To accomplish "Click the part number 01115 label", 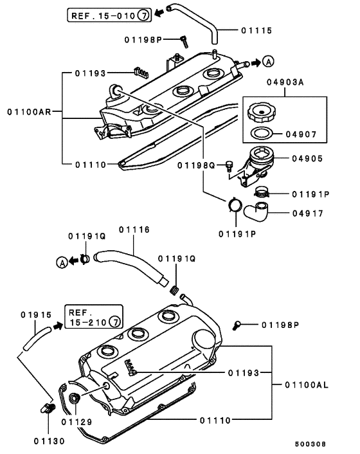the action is coord(256,30).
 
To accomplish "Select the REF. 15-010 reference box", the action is coord(109,15).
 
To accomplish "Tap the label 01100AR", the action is coord(29,111).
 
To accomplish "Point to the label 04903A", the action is coord(285,82).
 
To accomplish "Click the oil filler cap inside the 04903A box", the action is coord(262,111).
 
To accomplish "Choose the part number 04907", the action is coord(301,134).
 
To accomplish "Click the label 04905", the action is coord(307,159).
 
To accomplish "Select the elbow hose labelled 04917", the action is coord(256,212).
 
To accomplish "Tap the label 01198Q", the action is coord(196,165).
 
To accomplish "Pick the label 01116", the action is coord(134,230).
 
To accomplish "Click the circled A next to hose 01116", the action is coord(62,262).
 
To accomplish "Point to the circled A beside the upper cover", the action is coord(268,62).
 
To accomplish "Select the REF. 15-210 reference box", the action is coord(94,316).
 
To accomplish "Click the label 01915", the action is coord(36,314).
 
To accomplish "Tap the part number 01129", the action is coord(76,422).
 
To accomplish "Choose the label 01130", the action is coord(50,441).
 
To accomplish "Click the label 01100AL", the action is coord(307,385).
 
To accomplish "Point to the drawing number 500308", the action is coord(310,444).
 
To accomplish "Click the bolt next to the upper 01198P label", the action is coord(184,42).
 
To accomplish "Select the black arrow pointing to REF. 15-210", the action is coord(58,326).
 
